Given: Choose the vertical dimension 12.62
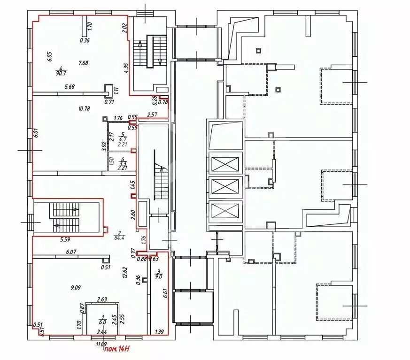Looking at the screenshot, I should [124, 273].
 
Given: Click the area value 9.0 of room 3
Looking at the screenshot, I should [159, 276].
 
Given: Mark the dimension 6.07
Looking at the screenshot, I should [71, 252].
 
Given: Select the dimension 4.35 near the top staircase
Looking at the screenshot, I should [126, 68].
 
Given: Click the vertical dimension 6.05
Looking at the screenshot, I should [48, 57].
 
